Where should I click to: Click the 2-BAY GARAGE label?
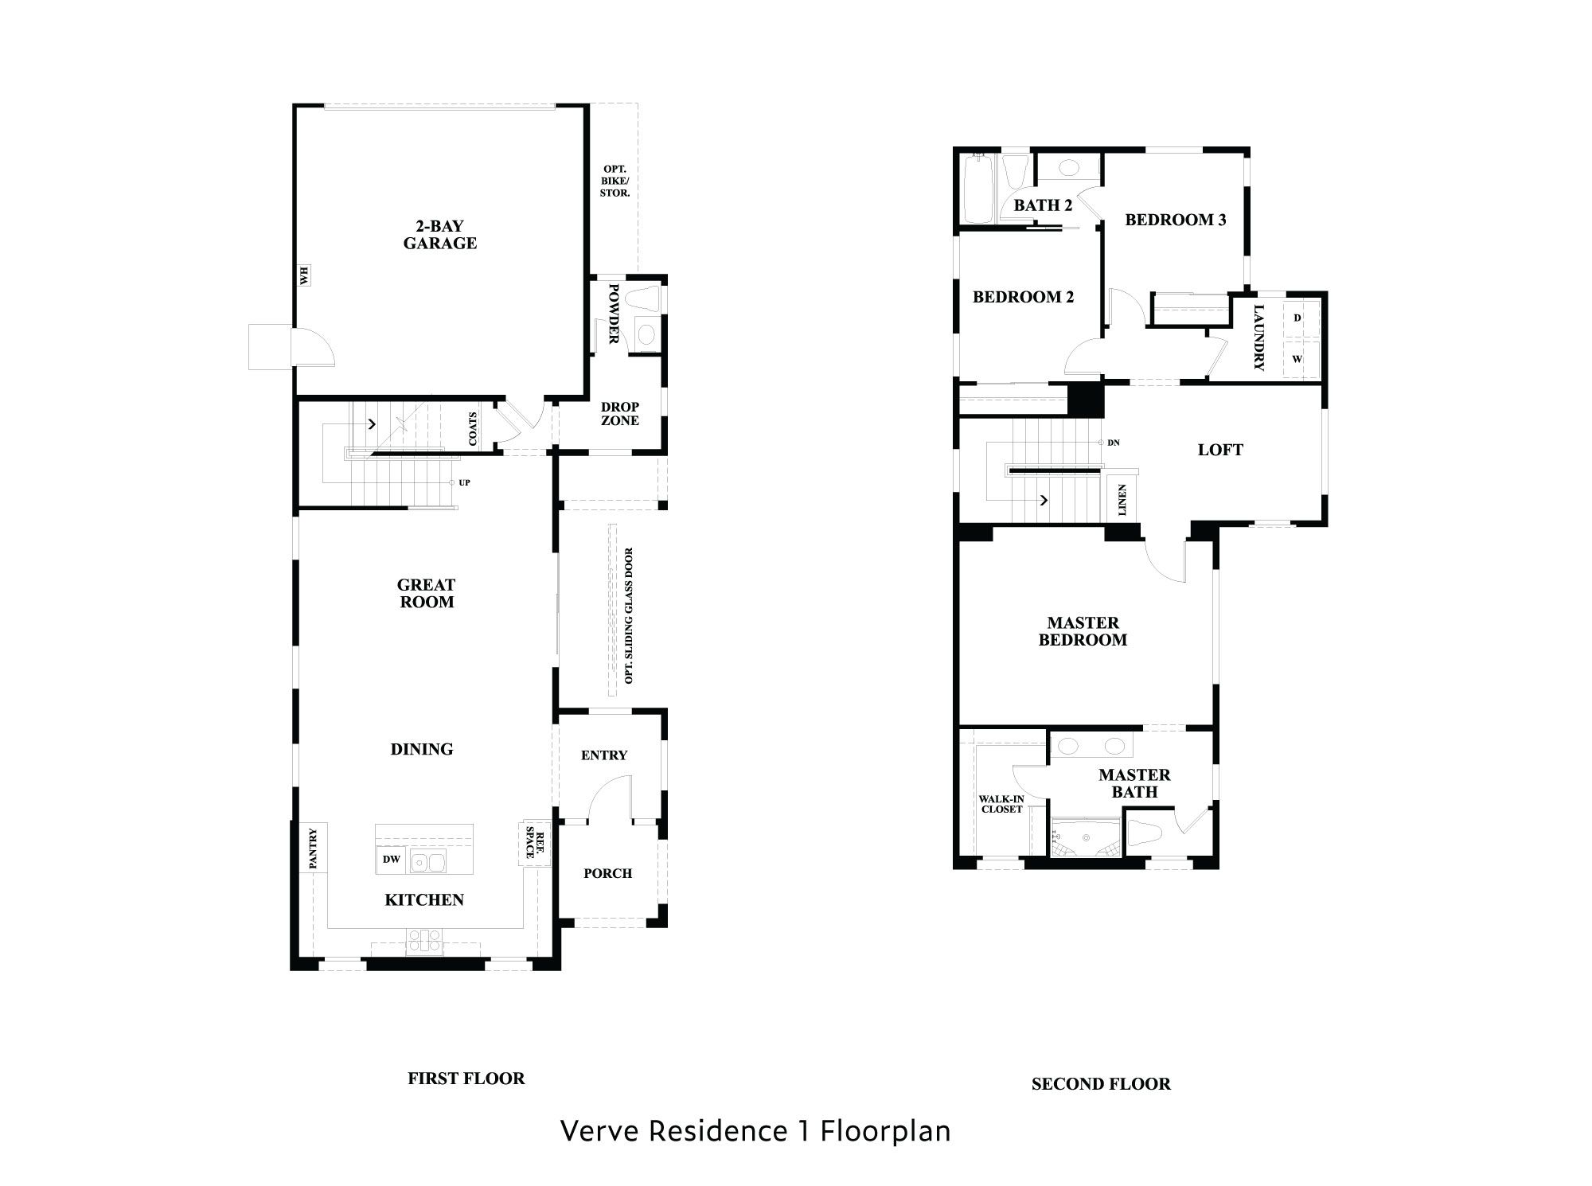click(x=439, y=235)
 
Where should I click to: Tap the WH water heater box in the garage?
click(x=304, y=275)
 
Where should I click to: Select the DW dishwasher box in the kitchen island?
click(x=391, y=859)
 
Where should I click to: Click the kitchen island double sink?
click(x=428, y=860)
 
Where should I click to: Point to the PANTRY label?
click(x=313, y=848)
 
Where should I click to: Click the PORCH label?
click(x=607, y=873)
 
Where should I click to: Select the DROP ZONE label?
click(x=619, y=414)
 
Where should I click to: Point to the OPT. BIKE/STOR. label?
click(x=615, y=181)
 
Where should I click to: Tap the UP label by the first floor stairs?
click(x=464, y=482)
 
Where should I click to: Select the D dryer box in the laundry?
click(x=1297, y=318)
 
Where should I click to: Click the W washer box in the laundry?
click(x=1297, y=359)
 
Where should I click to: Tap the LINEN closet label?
click(x=1122, y=500)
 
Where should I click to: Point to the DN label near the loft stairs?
click(x=1113, y=443)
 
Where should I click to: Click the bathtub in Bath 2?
click(x=976, y=190)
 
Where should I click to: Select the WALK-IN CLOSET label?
click(x=1001, y=804)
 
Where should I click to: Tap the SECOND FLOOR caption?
click(x=1101, y=1084)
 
